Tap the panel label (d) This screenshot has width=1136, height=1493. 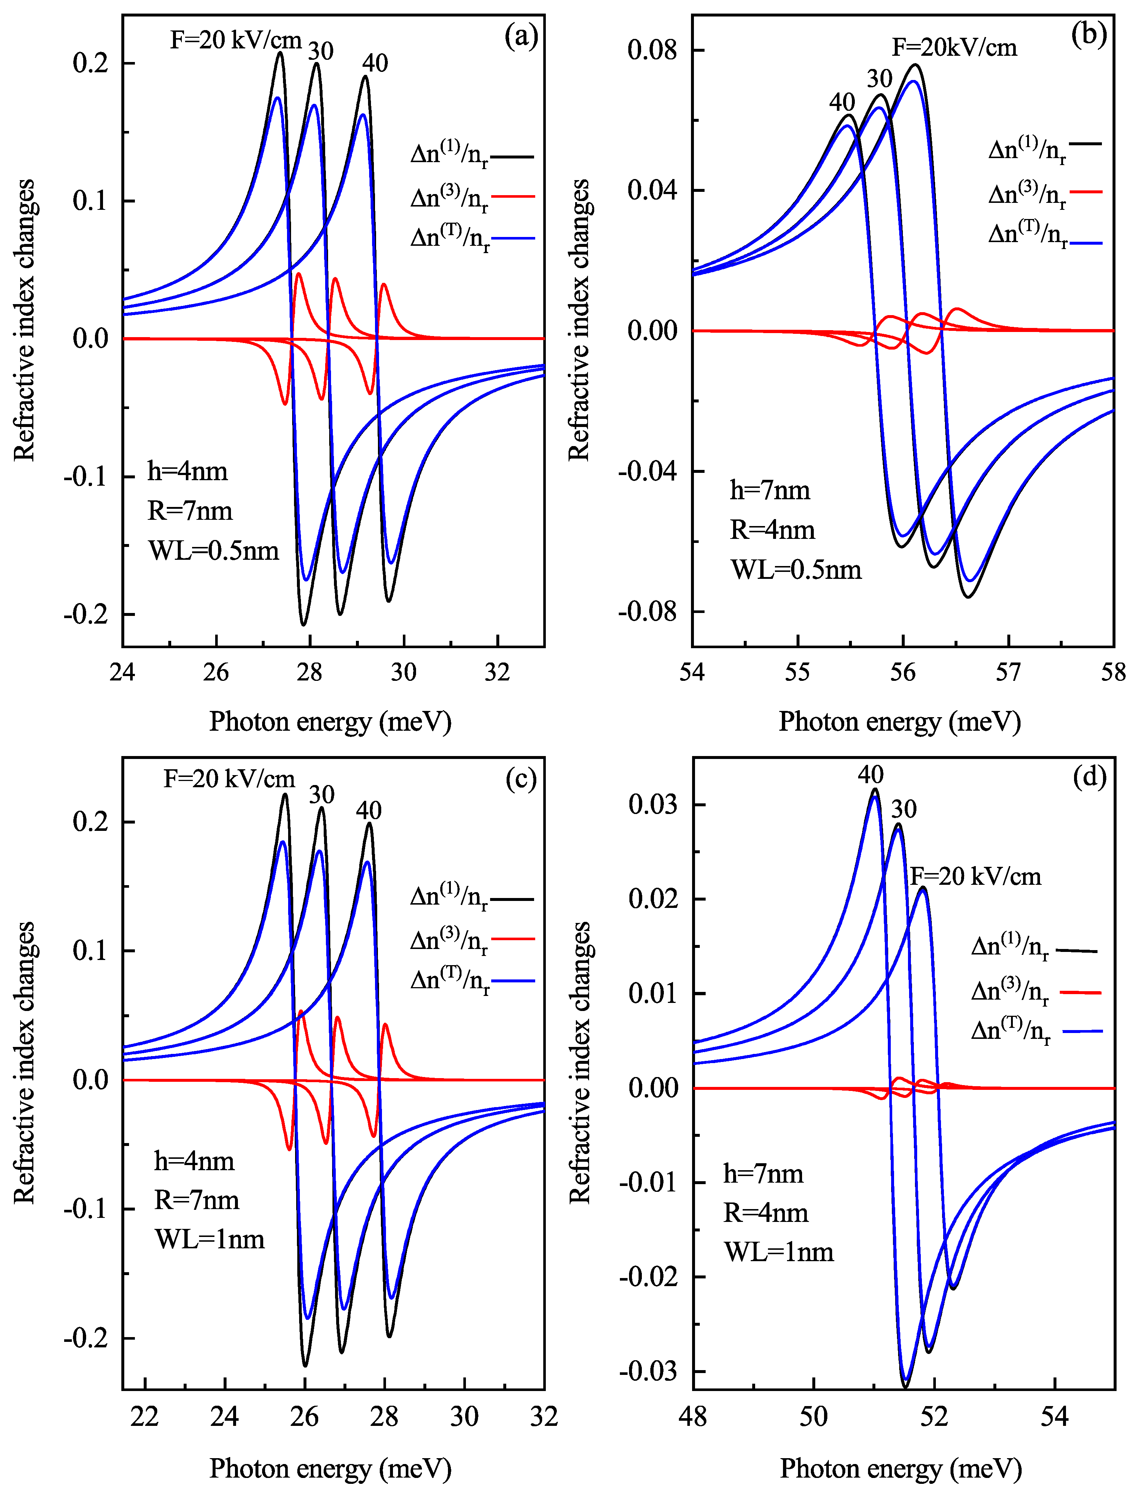pos(1089,778)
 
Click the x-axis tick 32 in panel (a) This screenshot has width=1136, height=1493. pos(498,672)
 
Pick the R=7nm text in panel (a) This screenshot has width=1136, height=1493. pos(190,511)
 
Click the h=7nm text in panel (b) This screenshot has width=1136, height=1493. pos(769,490)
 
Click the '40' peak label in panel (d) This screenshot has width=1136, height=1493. pos(870,775)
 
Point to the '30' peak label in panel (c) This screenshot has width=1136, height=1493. pos(322,795)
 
